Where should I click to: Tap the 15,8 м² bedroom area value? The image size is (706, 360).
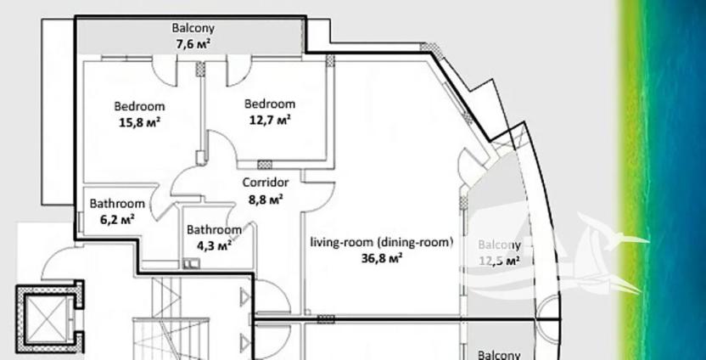pyautogui.click(x=140, y=121)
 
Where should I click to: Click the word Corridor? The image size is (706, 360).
pyautogui.click(x=266, y=183)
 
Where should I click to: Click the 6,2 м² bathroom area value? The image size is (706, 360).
pyautogui.click(x=118, y=217)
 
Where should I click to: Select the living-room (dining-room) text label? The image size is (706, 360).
pyautogui.click(x=380, y=241)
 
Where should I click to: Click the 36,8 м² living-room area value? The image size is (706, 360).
pyautogui.click(x=381, y=257)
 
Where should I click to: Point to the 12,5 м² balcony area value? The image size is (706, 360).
pyautogui.click(x=499, y=262)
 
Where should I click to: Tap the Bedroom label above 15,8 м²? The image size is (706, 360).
pyautogui.click(x=139, y=107)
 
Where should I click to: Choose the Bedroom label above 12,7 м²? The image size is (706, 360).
pyautogui.click(x=269, y=104)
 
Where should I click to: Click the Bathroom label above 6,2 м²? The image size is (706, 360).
pyautogui.click(x=117, y=204)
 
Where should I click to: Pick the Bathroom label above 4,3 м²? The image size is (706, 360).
pyautogui.click(x=214, y=229)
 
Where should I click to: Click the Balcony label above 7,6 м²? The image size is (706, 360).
pyautogui.click(x=193, y=27)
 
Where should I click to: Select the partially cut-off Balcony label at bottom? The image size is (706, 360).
pyautogui.click(x=499, y=355)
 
